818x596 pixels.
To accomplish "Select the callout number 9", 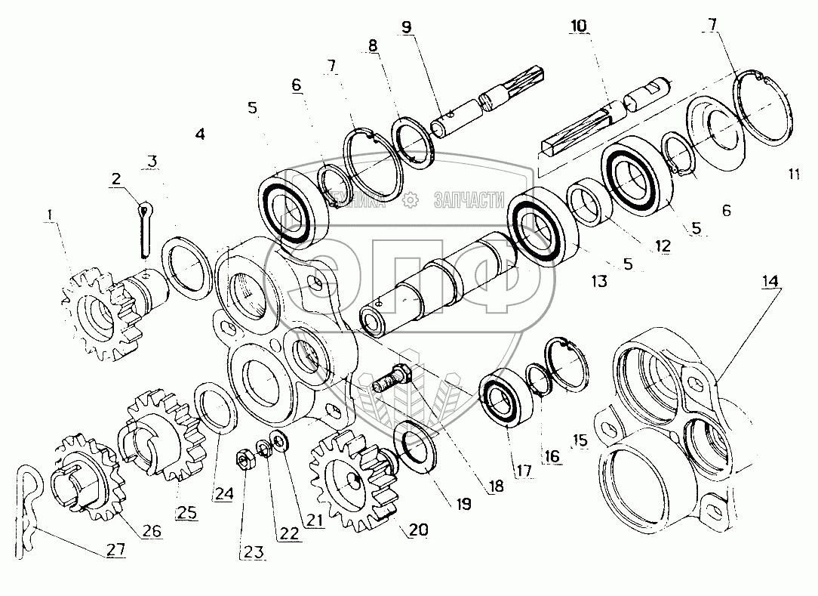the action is point(407,28).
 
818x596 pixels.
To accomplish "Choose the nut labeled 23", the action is point(244,460).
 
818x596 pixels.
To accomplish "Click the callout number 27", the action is point(115,549).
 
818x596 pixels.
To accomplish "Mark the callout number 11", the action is point(792,174).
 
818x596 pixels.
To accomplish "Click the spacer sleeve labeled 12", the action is point(592,199).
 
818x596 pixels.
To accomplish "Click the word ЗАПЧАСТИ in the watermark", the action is point(469,199).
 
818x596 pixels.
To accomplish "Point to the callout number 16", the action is point(552,455).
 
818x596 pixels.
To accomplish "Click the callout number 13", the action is point(598,281).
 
